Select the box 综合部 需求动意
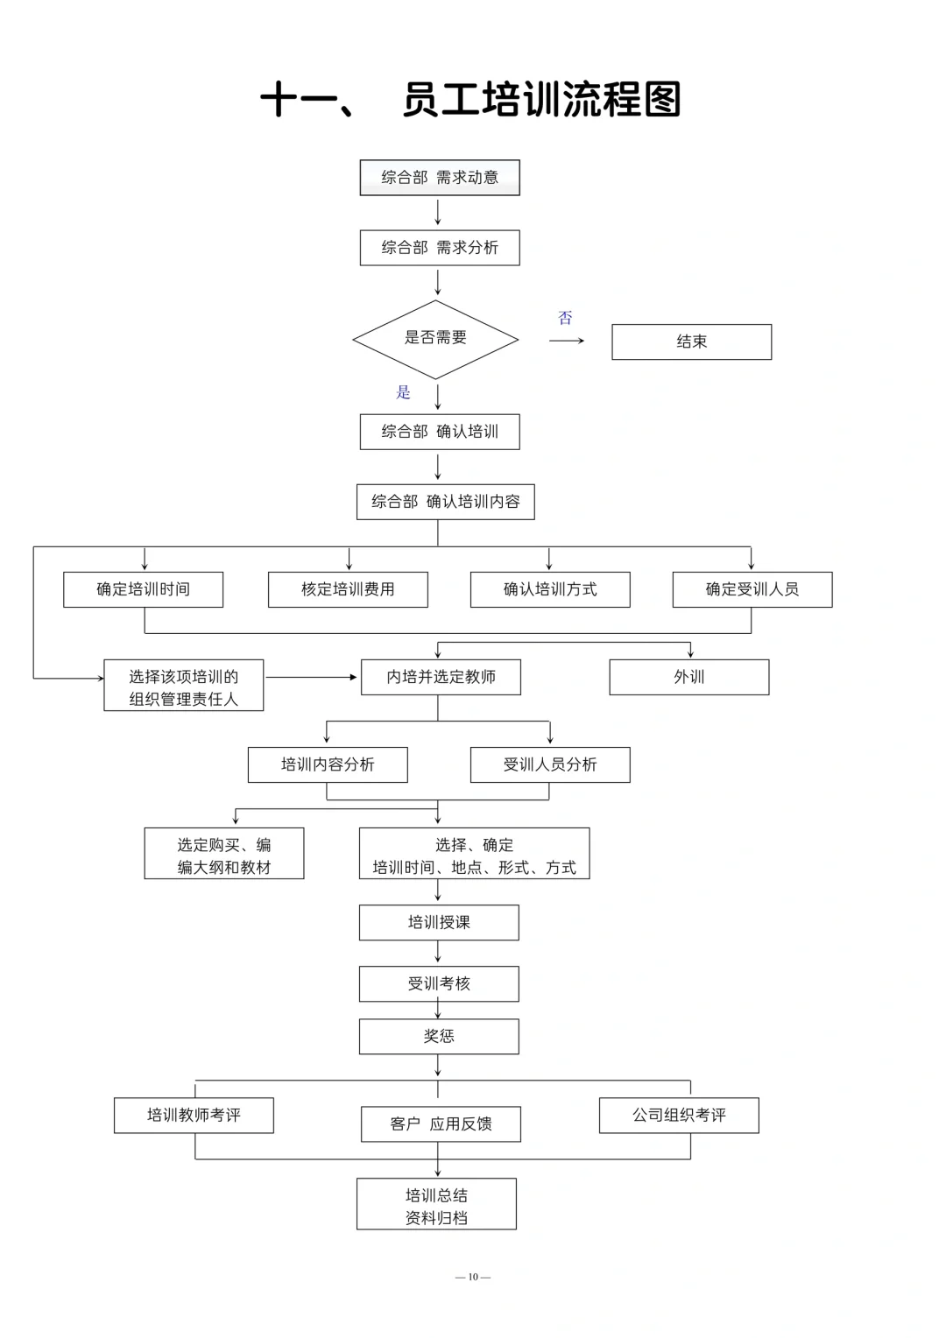coord(440,178)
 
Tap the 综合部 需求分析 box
coord(440,248)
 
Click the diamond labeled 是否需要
coord(435,339)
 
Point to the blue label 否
coord(565,318)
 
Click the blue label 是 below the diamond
coord(403,392)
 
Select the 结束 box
coord(691,342)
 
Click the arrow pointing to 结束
coord(567,341)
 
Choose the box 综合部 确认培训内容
coord(445,502)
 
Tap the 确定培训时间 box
coord(143,589)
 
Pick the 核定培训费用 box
coord(348,589)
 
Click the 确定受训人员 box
coord(752,589)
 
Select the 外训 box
coord(688,677)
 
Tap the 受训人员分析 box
coord(549,764)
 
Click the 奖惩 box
coord(439,1036)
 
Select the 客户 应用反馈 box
coord(441,1124)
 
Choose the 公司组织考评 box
coord(679,1116)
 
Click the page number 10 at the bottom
coord(473,1277)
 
